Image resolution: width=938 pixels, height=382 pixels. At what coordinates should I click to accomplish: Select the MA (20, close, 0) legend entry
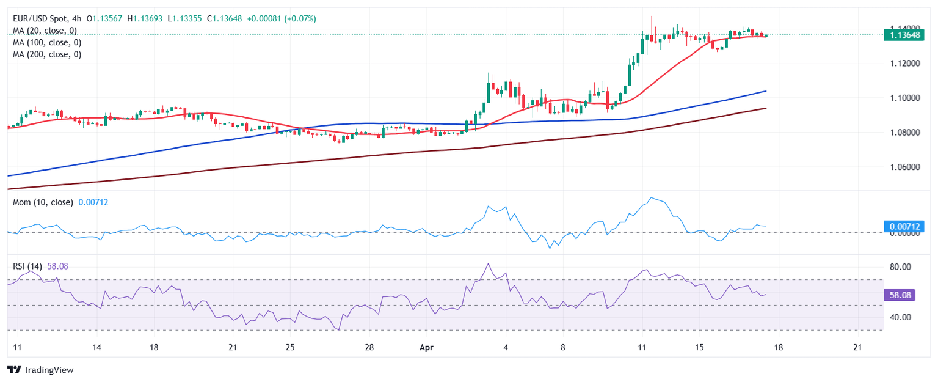45,31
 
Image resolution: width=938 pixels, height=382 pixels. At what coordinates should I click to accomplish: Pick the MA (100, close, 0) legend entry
47,42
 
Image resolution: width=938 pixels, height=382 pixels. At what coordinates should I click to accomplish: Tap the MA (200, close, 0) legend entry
47,54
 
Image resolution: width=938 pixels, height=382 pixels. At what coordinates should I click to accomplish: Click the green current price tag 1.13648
904,35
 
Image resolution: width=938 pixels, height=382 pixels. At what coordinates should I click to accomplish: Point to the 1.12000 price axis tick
904,64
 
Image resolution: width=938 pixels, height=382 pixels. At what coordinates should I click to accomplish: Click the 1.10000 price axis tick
904,98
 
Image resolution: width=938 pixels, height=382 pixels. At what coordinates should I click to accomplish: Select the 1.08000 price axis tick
904,132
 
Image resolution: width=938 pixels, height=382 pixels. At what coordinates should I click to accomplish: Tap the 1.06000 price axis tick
904,167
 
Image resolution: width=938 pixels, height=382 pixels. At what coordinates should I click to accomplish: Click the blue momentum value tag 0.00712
904,227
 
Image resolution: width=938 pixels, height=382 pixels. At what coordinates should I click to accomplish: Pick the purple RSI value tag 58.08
901,295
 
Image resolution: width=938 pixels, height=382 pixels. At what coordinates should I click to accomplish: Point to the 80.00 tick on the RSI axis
900,267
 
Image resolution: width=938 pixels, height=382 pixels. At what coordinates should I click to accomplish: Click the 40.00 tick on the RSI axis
900,317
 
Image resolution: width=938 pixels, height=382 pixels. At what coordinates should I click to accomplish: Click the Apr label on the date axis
426,347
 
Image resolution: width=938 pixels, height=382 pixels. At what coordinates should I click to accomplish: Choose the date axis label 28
369,347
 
